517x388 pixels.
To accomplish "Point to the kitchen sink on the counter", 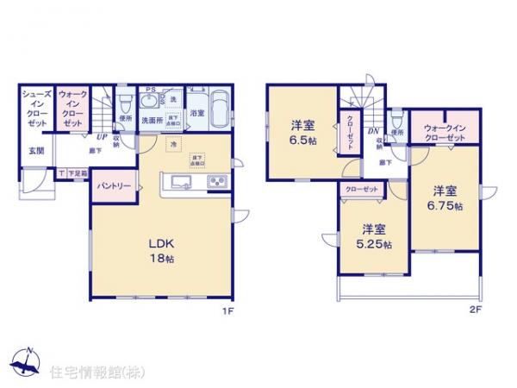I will pos(182,182).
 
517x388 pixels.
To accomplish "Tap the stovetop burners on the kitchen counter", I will pos(216,182).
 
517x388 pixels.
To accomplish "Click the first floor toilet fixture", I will pos(125,100).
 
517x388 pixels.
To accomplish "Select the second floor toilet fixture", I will pos(396,117).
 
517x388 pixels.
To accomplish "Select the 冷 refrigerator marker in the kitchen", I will pos(174,144).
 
